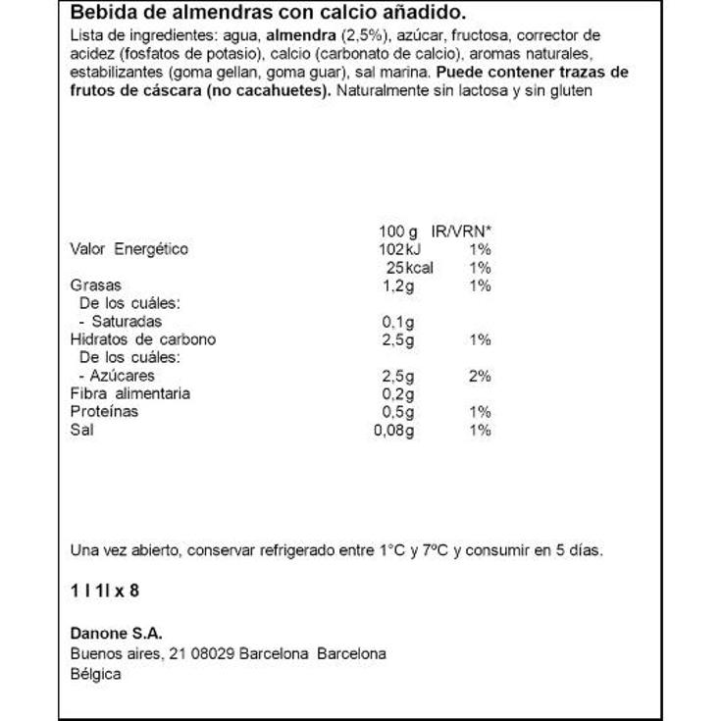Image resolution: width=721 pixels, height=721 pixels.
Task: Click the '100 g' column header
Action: [x=397, y=232]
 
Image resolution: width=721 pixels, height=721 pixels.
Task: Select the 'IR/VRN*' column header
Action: [x=462, y=232]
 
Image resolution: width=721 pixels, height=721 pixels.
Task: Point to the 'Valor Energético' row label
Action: [x=129, y=249]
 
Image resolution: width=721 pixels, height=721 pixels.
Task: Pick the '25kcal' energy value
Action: [x=410, y=268]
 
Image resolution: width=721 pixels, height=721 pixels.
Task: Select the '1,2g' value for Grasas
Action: [x=396, y=285]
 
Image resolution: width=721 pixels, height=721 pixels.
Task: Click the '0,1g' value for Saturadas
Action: [x=396, y=322]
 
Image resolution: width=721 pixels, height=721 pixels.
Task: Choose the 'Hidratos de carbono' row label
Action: [x=142, y=339]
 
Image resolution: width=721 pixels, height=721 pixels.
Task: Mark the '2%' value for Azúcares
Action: [x=480, y=376]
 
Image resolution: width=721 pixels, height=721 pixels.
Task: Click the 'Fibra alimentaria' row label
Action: [x=130, y=393]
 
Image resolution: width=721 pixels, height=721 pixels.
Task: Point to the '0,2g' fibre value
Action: [x=396, y=393]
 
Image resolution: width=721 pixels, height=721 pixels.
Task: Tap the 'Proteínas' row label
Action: [x=104, y=411]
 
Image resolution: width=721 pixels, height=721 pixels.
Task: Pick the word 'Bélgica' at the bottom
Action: [x=96, y=674]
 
